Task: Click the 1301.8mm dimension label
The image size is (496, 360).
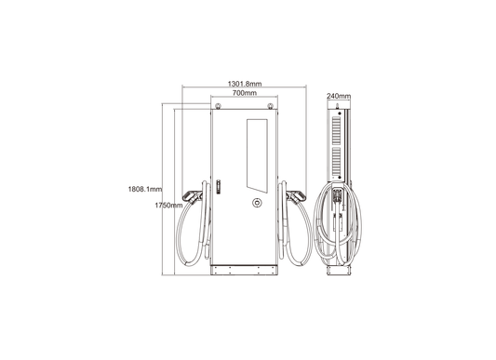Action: (245, 84)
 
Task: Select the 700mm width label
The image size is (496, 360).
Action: (245, 93)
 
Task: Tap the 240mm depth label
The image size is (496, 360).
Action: (339, 96)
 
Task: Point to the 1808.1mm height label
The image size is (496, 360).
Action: (145, 189)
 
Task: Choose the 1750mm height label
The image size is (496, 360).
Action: (168, 206)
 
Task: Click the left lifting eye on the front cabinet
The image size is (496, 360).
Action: (218, 106)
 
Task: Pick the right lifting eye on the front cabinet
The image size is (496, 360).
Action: (270, 106)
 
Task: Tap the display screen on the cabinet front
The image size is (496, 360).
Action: (257, 155)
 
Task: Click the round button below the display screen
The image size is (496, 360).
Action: (257, 203)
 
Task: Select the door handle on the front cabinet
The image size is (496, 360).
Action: (218, 187)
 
